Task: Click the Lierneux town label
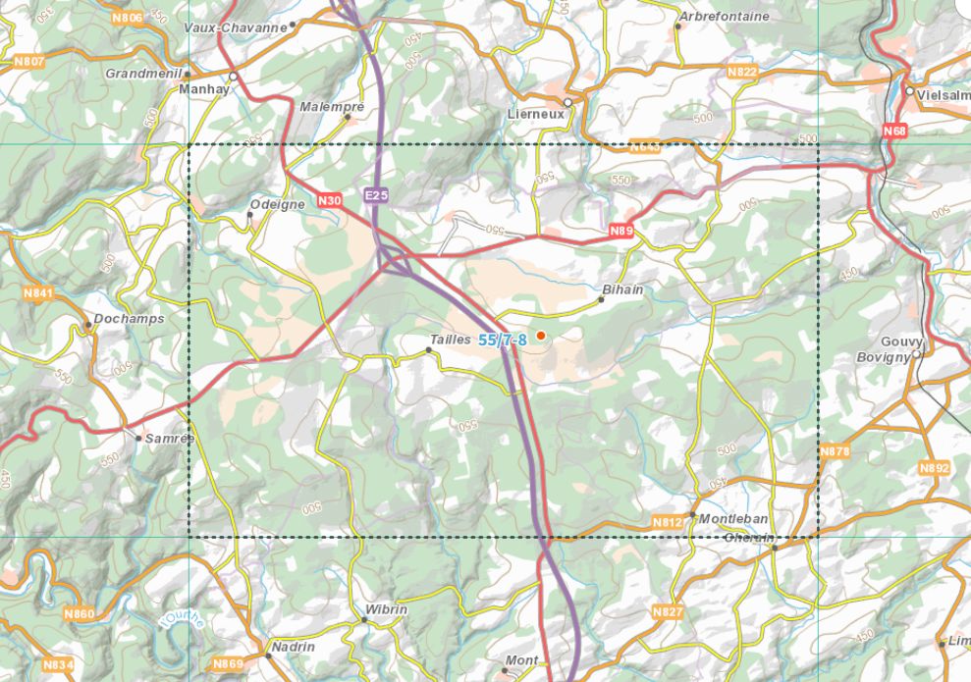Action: tap(536, 114)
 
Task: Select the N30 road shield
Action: tap(331, 200)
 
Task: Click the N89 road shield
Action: tap(620, 231)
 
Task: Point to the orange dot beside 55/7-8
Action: tap(540, 336)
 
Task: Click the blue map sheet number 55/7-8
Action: tap(503, 341)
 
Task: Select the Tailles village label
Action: tap(451, 339)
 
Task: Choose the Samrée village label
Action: tap(169, 439)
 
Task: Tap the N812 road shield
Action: tap(668, 522)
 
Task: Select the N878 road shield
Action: tap(835, 451)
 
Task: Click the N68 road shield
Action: tap(894, 131)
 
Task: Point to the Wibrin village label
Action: tap(386, 609)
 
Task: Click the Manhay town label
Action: tap(203, 88)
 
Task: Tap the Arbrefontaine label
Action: tap(725, 17)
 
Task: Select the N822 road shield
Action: tap(742, 73)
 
